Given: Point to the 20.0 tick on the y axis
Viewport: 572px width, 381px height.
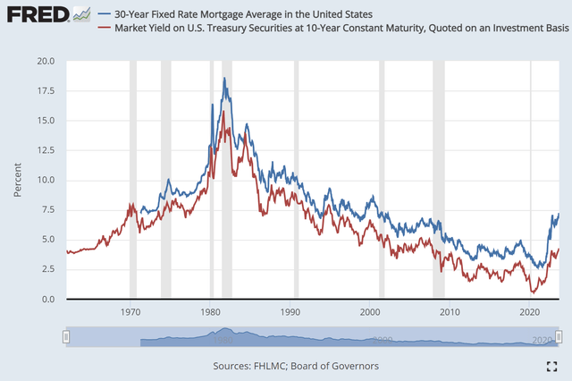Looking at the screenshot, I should tap(44, 62).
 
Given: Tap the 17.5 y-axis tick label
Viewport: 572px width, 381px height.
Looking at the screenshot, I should tap(44, 91).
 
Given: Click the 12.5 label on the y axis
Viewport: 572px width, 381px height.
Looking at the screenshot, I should tap(44, 150).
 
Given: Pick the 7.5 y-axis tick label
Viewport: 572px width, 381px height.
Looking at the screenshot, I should tap(46, 210).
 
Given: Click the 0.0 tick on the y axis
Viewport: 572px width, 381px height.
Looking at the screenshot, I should tap(46, 299).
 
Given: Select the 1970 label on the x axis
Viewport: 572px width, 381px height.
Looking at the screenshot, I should tap(130, 312).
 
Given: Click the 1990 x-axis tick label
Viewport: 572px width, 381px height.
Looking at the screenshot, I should tap(290, 312).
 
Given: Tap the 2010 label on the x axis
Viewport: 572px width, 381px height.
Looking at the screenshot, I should tap(449, 312).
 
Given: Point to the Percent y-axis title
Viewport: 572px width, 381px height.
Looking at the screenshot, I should tap(18, 180).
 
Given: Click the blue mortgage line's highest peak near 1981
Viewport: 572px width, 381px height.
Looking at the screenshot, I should tap(224, 78).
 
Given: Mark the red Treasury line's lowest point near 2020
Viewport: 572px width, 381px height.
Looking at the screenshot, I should tap(533, 292).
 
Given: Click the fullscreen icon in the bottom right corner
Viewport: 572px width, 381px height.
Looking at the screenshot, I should tap(551, 366).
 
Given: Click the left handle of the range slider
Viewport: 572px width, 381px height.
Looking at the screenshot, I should tap(65, 336).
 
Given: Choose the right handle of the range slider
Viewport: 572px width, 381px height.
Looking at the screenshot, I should tap(559, 336).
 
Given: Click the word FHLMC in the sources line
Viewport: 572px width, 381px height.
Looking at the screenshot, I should tap(271, 366).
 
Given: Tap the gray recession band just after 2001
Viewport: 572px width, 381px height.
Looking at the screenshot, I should tap(382, 179).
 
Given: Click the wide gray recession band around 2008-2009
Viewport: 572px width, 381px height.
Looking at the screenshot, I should tap(438, 179).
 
